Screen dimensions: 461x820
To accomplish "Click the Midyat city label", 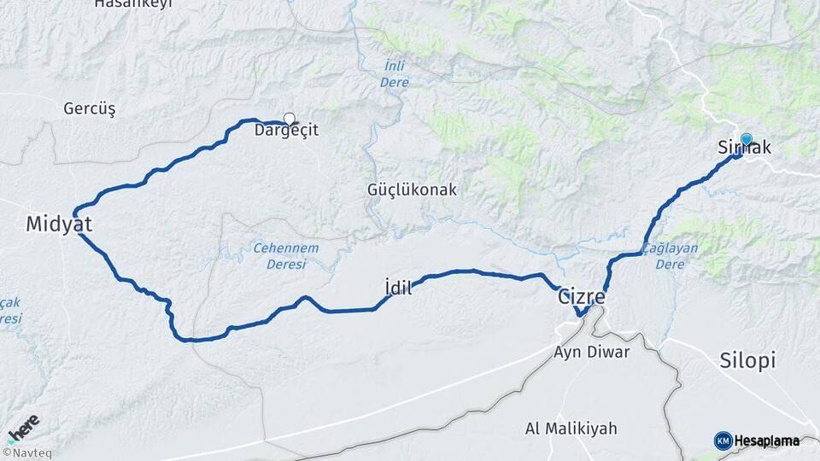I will [x=58, y=225].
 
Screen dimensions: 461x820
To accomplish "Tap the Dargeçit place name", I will [x=286, y=131].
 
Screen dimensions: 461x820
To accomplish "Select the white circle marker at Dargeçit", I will [x=289, y=120].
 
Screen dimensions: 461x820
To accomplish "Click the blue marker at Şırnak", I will [x=746, y=140].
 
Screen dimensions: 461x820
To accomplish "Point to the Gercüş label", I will [x=89, y=108].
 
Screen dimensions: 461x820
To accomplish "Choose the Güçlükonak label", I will [x=412, y=190].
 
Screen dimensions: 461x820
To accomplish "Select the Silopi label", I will [x=747, y=360].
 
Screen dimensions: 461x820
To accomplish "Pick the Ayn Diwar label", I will [x=591, y=352].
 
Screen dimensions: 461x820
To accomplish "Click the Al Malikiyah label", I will [x=571, y=428].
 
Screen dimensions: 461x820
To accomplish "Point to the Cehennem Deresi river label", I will [x=285, y=256].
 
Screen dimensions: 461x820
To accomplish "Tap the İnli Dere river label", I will [x=394, y=74].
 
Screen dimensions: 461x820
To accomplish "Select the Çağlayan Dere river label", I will [x=670, y=256].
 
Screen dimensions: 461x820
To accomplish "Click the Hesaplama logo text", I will [x=767, y=441].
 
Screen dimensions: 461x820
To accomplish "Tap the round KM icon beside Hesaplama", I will [x=723, y=441].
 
